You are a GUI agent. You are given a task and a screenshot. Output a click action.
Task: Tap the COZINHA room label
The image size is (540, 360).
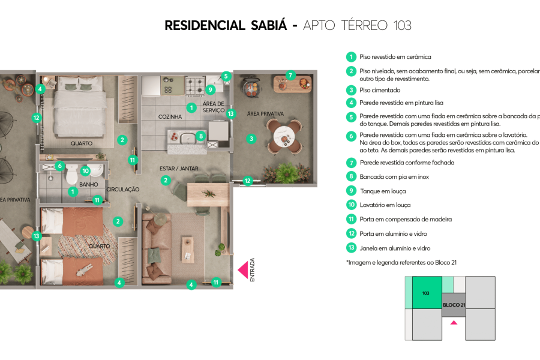pos(170,116)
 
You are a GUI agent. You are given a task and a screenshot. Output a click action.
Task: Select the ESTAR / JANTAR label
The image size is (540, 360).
pos(179,169)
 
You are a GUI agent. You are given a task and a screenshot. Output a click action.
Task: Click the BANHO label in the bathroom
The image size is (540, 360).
pos(88,185)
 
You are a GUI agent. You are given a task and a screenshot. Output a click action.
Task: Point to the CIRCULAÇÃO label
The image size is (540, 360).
pos(123,190)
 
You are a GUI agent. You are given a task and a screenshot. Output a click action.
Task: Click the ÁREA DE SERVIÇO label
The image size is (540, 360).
pos(213,107)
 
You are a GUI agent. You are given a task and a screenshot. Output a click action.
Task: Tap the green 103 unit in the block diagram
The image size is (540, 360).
pos(427,292)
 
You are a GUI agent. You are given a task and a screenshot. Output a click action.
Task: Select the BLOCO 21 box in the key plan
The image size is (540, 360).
pos(454,305)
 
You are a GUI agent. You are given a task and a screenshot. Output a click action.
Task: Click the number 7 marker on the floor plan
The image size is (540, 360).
pos(290,76)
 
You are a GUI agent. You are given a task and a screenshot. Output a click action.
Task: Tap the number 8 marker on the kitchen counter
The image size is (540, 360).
pos(200,136)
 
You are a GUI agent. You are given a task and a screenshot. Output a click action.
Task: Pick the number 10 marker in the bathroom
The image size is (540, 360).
pos(85,171)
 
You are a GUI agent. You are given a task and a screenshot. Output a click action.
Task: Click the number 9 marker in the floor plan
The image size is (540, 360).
pos(210,89)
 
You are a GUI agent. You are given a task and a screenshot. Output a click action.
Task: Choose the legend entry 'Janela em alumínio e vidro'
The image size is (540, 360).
pos(395,248)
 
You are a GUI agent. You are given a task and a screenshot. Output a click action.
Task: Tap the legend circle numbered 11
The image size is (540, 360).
pos(351,220)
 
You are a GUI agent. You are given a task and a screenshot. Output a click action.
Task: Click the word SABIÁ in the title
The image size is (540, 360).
pos(270,25)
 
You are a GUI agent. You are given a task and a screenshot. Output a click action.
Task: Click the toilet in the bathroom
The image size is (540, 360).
pos(71,175)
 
